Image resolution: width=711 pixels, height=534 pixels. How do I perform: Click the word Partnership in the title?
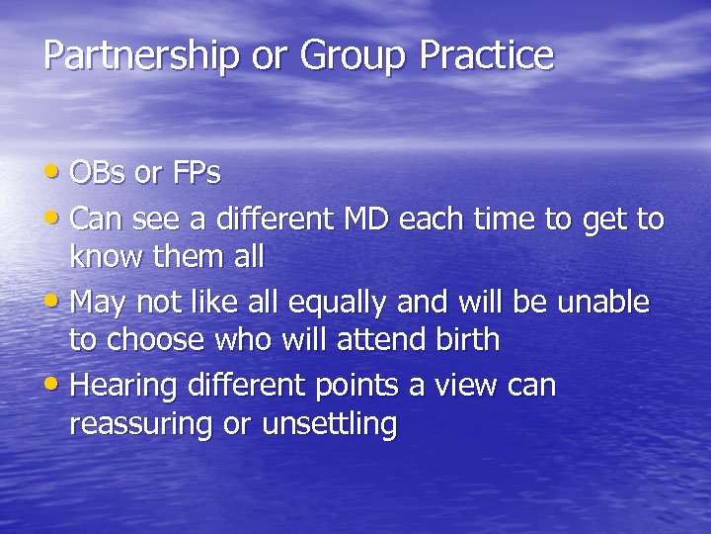140,55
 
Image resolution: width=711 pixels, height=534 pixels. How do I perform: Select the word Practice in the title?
486,55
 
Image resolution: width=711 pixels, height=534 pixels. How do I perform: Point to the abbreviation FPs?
195,173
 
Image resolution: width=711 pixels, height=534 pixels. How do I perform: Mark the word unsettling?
329,426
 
